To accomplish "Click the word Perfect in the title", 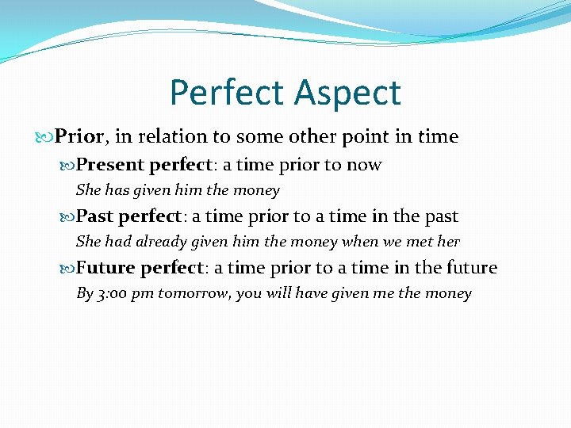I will point(227,93).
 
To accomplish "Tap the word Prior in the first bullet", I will point(79,136).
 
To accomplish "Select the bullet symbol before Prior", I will point(46,137).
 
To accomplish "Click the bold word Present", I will point(109,165).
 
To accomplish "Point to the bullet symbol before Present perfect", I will point(68,166).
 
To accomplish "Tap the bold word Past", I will point(94,216).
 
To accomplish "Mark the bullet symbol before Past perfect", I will point(68,216).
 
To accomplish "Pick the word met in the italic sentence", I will point(397,242).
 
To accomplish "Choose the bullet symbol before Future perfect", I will point(68,268).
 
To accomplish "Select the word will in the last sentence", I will point(274,293).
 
